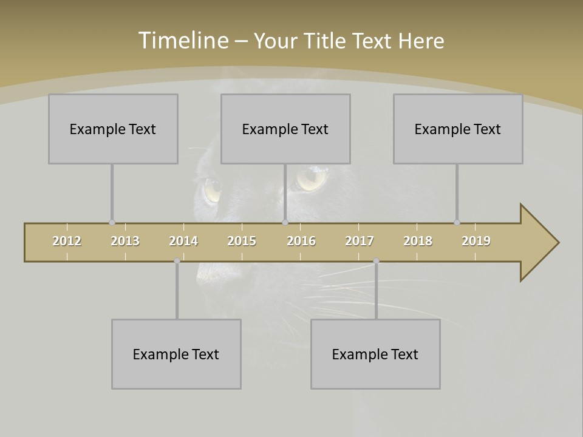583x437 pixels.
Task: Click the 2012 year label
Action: tap(67, 241)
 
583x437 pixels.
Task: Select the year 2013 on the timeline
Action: tap(125, 241)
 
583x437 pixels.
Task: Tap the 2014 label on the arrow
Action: tap(183, 241)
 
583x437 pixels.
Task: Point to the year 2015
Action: tap(242, 241)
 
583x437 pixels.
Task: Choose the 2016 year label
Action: tap(301, 241)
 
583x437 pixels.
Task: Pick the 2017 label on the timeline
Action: tap(360, 241)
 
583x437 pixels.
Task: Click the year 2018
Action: tap(418, 241)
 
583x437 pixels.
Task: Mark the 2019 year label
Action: tap(476, 241)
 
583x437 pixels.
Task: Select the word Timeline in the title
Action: tap(182, 41)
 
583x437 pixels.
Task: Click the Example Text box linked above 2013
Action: tap(113, 129)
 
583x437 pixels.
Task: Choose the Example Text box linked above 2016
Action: tap(285, 129)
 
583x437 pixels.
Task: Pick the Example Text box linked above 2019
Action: tap(458, 129)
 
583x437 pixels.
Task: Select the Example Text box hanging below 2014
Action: tap(176, 354)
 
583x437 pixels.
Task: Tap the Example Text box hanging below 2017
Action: tap(375, 354)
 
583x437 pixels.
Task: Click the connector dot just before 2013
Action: tap(112, 223)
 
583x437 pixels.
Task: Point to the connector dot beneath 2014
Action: tap(177, 261)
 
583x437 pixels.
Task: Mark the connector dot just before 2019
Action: tap(457, 223)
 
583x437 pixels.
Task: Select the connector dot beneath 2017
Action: tap(376, 261)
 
